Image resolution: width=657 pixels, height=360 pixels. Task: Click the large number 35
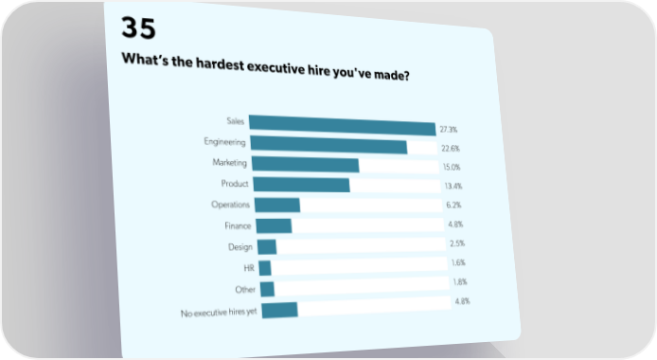click(x=138, y=28)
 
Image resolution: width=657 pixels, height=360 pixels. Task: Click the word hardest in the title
click(x=220, y=64)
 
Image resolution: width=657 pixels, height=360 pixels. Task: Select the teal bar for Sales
click(x=343, y=125)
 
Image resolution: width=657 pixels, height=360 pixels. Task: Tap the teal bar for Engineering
click(x=328, y=145)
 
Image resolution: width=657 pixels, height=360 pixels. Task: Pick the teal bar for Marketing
click(x=306, y=164)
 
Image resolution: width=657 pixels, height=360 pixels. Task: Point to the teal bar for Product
click(x=302, y=185)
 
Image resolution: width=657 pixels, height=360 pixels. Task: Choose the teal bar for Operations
click(x=277, y=205)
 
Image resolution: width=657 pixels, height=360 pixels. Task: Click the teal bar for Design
click(x=267, y=247)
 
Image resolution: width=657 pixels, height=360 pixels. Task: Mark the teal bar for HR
click(x=265, y=268)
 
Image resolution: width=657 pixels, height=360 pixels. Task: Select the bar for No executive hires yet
click(x=280, y=310)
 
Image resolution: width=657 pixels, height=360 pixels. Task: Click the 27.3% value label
click(x=449, y=130)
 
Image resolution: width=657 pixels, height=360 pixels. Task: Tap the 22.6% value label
click(x=451, y=149)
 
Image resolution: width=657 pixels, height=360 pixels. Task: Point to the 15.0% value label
click(x=452, y=168)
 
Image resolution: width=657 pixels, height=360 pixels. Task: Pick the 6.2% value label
click(x=453, y=205)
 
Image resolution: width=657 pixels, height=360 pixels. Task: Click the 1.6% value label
click(x=458, y=262)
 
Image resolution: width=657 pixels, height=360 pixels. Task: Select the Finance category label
click(x=238, y=225)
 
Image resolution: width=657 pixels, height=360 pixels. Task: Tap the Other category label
click(x=245, y=290)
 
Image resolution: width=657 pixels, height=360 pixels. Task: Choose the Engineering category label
click(x=224, y=142)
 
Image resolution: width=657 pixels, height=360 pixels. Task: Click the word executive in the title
click(x=275, y=67)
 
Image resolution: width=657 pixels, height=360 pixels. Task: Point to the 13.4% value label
click(x=453, y=186)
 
